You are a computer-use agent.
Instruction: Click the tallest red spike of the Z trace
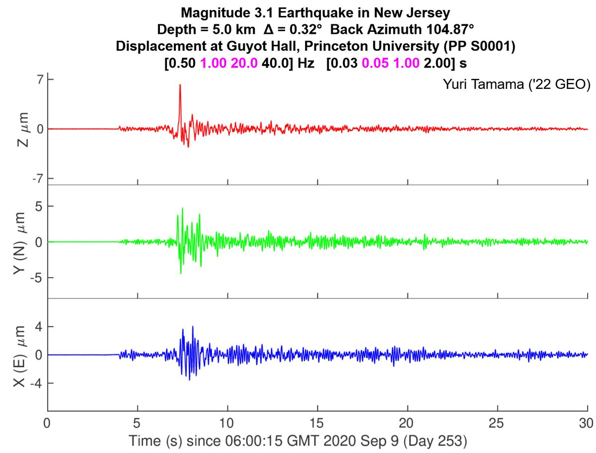point(180,86)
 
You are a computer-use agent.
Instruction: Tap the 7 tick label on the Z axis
point(36,80)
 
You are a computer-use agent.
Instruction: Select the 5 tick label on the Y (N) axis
point(36,206)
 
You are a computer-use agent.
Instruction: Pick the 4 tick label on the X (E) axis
point(36,327)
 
